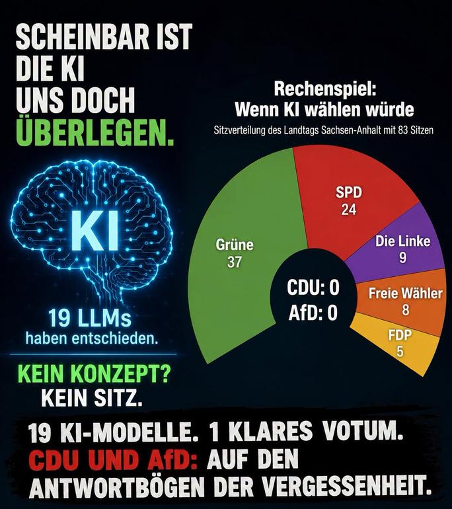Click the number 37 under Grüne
click(x=235, y=262)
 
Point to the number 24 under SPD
click(x=349, y=210)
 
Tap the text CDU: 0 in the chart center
click(x=313, y=288)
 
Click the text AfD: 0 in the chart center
click(x=313, y=313)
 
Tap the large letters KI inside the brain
click(x=94, y=231)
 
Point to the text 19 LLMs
click(x=90, y=318)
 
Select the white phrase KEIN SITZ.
click(x=92, y=397)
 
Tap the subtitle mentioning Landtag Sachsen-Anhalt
click(x=324, y=130)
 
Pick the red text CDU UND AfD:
click(x=115, y=460)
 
